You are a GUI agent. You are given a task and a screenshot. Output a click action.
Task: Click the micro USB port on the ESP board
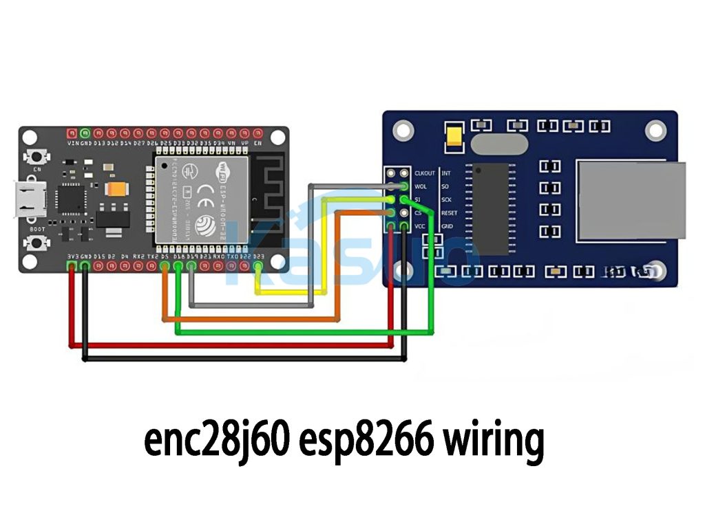(28, 197)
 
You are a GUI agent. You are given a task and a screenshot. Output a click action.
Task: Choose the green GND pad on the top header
(85, 132)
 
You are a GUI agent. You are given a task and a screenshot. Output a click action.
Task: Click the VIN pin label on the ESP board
(72, 143)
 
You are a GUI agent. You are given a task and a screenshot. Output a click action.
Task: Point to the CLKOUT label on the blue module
(425, 173)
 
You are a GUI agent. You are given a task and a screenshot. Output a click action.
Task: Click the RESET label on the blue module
(450, 213)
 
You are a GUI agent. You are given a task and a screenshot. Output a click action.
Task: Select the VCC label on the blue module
(421, 226)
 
